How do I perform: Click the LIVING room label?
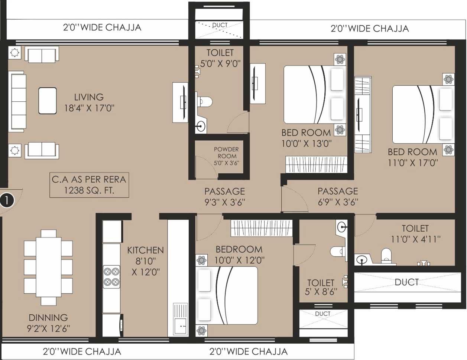tap(89, 97)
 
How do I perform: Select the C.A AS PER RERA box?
tap(89, 185)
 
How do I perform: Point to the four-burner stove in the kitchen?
tap(111, 277)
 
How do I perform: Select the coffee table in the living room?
tap(48, 101)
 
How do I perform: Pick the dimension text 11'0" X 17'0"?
tap(413, 163)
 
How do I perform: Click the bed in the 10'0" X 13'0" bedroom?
tap(314, 95)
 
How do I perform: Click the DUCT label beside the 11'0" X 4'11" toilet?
tap(406, 282)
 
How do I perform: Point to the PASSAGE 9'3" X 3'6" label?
tap(225, 196)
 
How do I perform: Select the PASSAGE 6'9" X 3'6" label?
tap(338, 196)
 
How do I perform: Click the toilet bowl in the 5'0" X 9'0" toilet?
tap(204, 101)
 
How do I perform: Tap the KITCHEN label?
tap(145, 251)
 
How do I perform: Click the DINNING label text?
tap(48, 318)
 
